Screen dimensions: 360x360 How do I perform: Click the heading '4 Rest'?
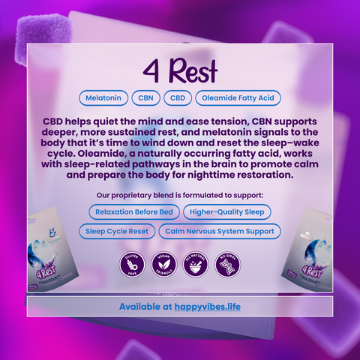point(180,71)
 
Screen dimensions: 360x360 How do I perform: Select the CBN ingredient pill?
point(147,97)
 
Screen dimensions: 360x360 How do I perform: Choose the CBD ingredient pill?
point(178,97)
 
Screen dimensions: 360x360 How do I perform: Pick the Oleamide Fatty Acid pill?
point(238,97)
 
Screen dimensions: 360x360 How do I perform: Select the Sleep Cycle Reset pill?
point(116,231)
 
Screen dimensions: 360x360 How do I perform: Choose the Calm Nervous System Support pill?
point(220,231)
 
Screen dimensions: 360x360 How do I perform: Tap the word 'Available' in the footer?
point(144,307)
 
